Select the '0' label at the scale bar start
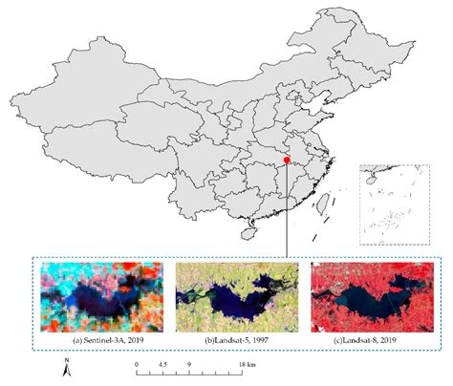pos(137,364)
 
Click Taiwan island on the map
pos(322,202)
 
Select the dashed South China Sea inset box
pos(388,201)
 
